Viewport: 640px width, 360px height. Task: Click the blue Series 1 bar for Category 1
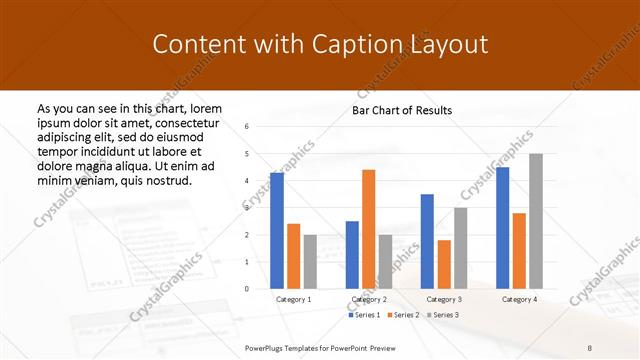click(x=277, y=231)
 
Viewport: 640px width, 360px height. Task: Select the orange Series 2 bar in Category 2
click(x=368, y=229)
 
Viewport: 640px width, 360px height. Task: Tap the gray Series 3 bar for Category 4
click(x=536, y=221)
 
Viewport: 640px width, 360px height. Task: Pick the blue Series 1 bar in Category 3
click(x=427, y=241)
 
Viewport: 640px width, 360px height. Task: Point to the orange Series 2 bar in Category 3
click(x=444, y=264)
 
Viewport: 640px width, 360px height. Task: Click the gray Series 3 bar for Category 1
click(x=310, y=261)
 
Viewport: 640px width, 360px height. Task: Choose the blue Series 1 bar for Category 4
click(x=502, y=228)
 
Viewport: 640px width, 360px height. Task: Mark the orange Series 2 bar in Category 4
click(x=519, y=251)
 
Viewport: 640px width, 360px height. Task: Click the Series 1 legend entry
click(x=364, y=315)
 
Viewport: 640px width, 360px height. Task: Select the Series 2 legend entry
click(x=402, y=315)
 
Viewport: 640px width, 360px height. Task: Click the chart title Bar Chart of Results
click(x=402, y=110)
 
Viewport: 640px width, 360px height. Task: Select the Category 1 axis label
click(x=294, y=299)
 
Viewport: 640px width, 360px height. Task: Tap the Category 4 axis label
click(x=519, y=299)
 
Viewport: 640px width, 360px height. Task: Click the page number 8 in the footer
click(x=590, y=346)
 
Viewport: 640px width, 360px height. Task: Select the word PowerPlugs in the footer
click(x=267, y=346)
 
